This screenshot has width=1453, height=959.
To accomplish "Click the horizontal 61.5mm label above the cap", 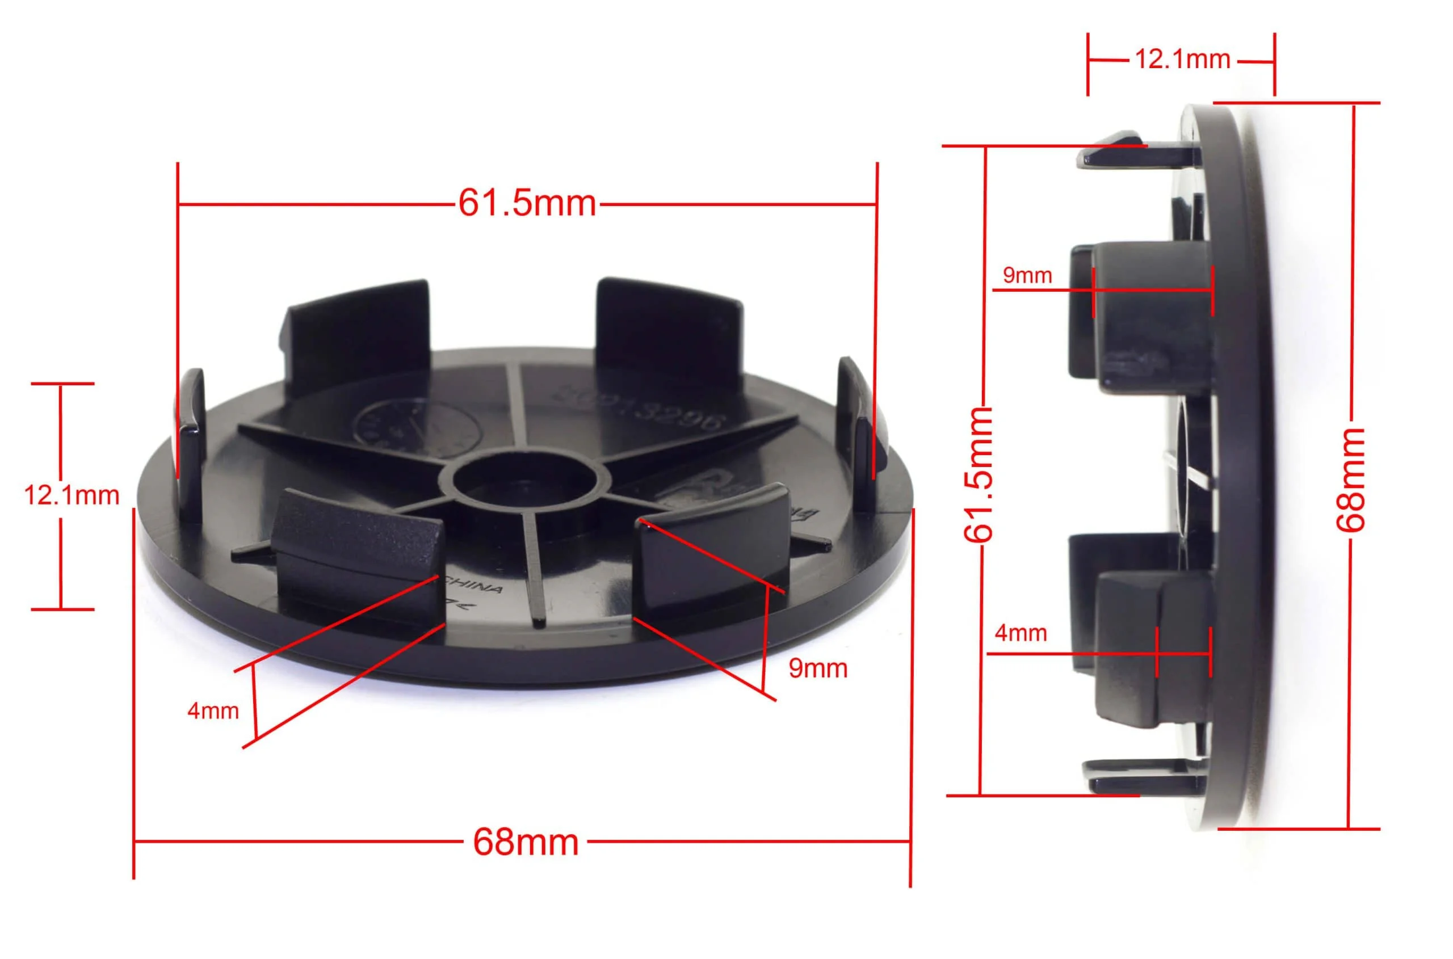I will [x=527, y=203].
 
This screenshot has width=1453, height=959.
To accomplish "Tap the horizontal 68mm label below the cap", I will [x=526, y=842].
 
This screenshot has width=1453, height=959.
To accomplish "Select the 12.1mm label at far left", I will [x=72, y=495].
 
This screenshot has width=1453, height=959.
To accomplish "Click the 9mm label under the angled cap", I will [x=817, y=668].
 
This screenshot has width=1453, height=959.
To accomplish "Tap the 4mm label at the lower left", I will [x=213, y=711].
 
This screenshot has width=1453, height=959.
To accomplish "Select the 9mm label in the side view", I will [x=1027, y=276].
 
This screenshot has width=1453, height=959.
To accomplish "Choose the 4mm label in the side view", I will [x=1021, y=633].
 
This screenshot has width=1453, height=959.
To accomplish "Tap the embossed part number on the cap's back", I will [x=639, y=407].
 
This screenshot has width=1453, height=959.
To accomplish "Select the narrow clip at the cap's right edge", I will [x=859, y=416].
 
